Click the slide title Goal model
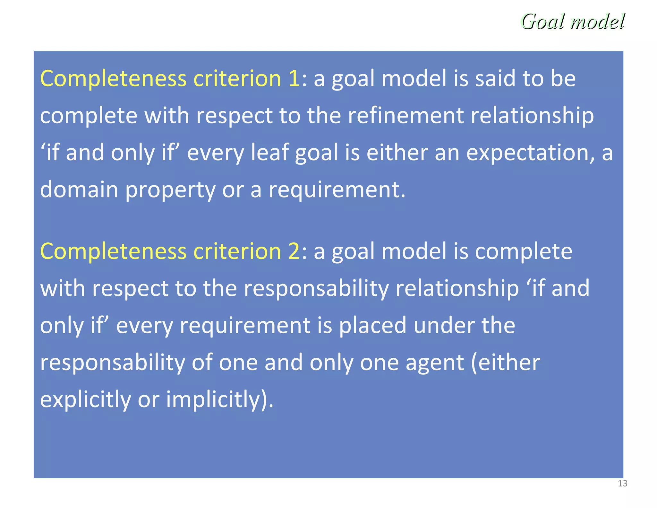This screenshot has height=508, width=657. (x=573, y=22)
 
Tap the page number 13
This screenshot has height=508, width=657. (x=622, y=484)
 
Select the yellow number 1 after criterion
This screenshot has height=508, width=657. (x=294, y=78)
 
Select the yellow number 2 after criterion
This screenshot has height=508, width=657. (x=294, y=251)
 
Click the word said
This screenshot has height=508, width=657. (x=495, y=78)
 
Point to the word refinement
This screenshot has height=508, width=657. (x=405, y=115)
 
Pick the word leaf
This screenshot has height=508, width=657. (x=269, y=152)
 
